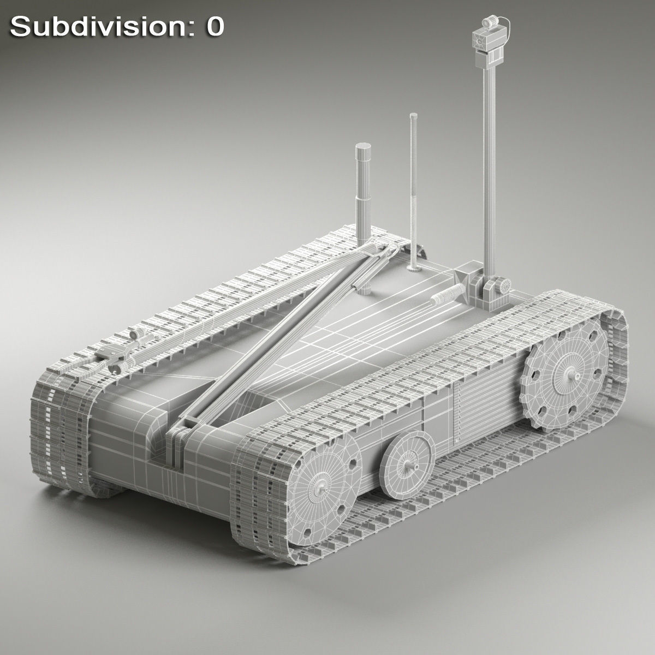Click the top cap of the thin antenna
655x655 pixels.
(x=413, y=116)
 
